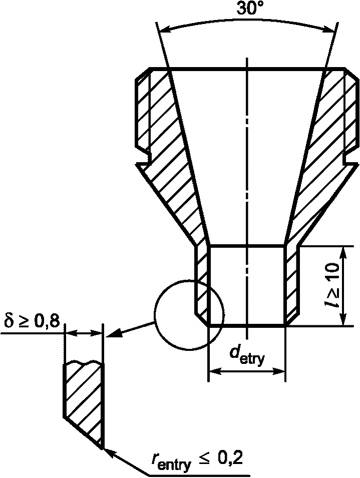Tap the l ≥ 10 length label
tap(331, 285)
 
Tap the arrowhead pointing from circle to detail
tap(114, 333)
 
